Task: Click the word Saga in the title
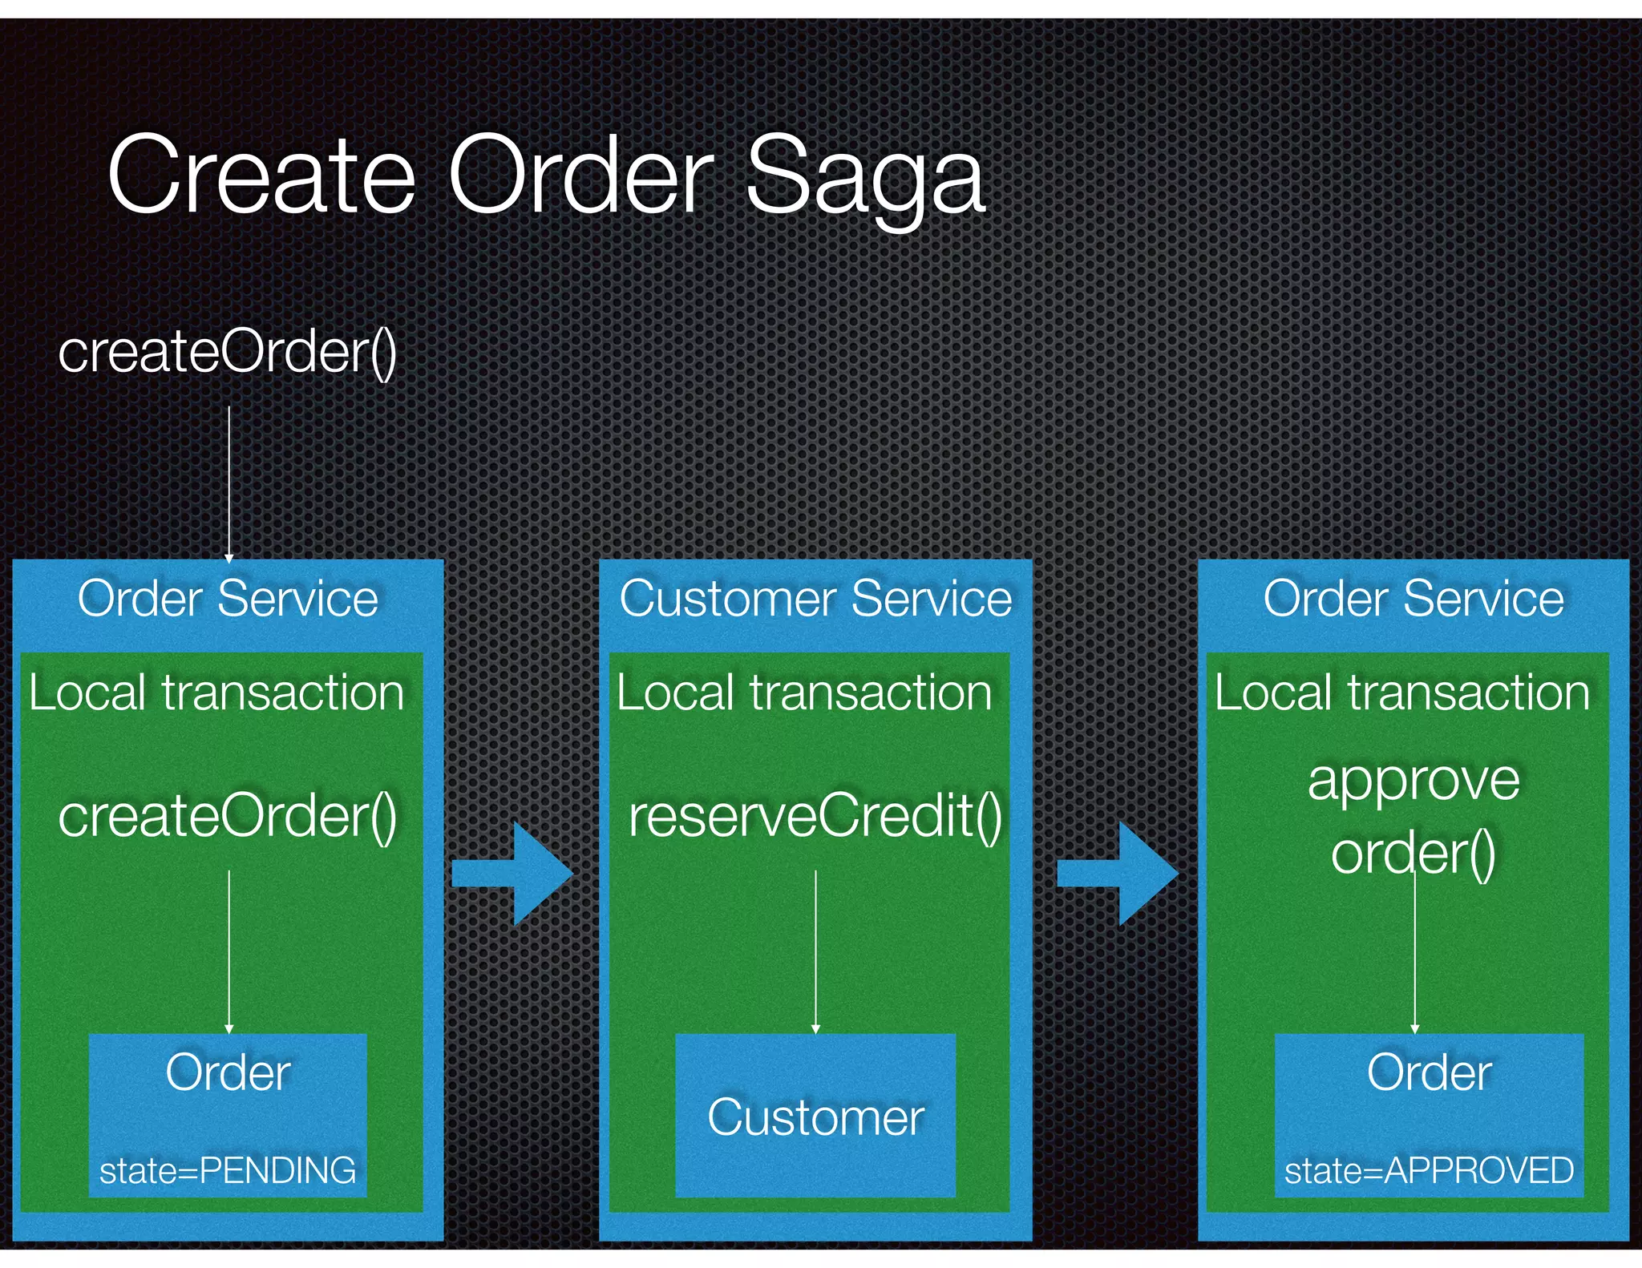point(865,176)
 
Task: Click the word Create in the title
point(261,175)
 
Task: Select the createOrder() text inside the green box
point(228,816)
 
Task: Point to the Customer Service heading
point(815,599)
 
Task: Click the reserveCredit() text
point(815,816)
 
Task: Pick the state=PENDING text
point(228,1171)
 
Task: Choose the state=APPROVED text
point(1429,1171)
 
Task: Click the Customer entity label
point(815,1117)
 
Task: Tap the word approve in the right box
point(1413,780)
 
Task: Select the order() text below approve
point(1413,853)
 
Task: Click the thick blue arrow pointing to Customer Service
point(513,874)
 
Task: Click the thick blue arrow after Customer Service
point(1118,874)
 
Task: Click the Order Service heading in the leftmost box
point(228,599)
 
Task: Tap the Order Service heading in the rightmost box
point(1413,599)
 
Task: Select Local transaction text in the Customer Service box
point(804,693)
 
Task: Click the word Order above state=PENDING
point(228,1072)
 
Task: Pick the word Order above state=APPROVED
point(1429,1072)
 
